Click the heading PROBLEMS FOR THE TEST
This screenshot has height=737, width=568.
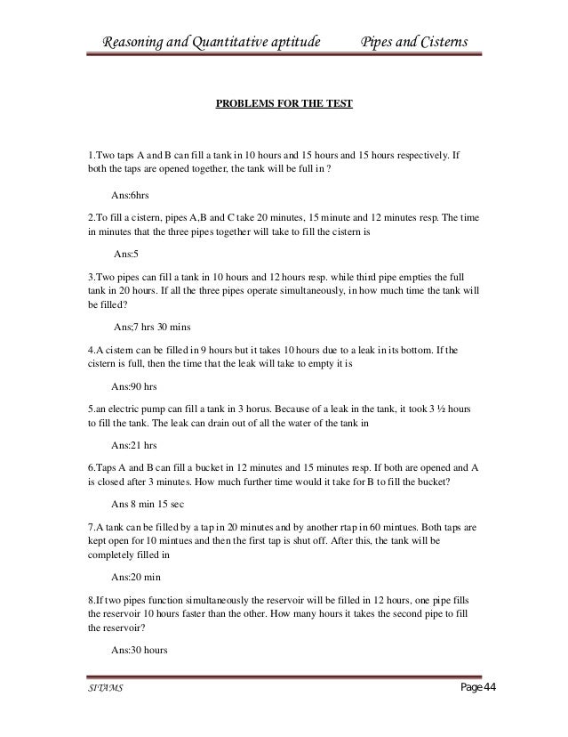[284, 104]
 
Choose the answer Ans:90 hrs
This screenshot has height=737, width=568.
[132, 387]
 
